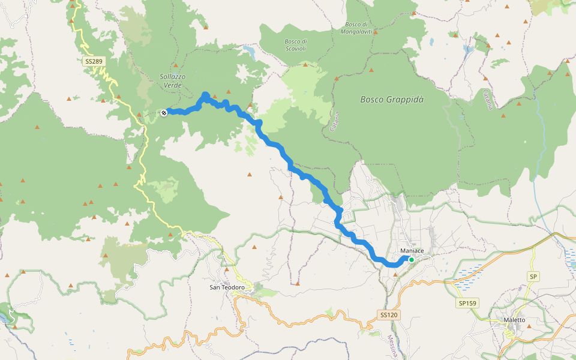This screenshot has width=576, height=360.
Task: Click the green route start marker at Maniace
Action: click(x=412, y=260)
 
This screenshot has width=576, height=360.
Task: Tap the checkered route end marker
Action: click(x=164, y=112)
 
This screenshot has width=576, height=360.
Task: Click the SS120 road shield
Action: click(x=389, y=314)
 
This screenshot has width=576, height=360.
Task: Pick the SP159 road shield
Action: click(x=467, y=303)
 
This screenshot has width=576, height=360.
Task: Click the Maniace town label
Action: click(x=412, y=250)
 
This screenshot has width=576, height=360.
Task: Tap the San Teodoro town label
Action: click(x=227, y=287)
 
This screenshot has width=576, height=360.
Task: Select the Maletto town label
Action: click(x=515, y=320)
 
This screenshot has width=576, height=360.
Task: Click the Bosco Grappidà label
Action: click(x=392, y=100)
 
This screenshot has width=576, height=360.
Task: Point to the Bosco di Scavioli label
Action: click(x=295, y=45)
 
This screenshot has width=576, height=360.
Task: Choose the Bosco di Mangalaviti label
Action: click(x=360, y=28)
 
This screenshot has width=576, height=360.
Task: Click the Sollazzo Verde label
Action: click(x=172, y=81)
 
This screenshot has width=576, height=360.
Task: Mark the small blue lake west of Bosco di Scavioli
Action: click(x=250, y=54)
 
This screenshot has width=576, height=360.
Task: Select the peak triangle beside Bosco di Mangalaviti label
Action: click(x=376, y=33)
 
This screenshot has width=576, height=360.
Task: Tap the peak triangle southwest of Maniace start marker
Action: click(x=395, y=274)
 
